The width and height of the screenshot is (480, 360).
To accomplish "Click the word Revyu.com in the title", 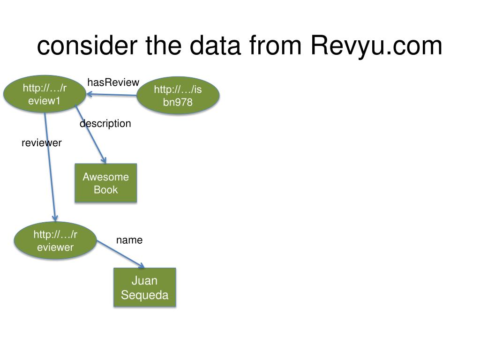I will pyautogui.click(x=376, y=46).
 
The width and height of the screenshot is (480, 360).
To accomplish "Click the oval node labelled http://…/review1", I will pyautogui.click(x=45, y=95).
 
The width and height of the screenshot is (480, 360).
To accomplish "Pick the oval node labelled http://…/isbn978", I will pyautogui.click(x=178, y=96).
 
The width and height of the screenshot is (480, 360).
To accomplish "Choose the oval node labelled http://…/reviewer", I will pyautogui.click(x=55, y=240).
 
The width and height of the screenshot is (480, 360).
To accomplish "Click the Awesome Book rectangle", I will pyautogui.click(x=105, y=183).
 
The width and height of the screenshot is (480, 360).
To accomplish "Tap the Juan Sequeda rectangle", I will pyautogui.click(x=144, y=287).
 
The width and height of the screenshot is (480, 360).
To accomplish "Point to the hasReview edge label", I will pyautogui.click(x=113, y=82).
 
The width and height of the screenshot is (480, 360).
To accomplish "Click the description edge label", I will pyautogui.click(x=105, y=123).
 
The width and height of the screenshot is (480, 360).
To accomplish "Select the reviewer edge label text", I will pyautogui.click(x=42, y=143).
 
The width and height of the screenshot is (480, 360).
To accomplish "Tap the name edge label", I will pyautogui.click(x=129, y=240).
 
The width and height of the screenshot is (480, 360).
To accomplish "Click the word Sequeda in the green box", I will pyautogui.click(x=144, y=295).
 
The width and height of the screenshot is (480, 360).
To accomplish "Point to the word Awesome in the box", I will pyautogui.click(x=105, y=177).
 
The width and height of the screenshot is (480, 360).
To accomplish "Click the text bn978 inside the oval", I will pyautogui.click(x=178, y=102).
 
